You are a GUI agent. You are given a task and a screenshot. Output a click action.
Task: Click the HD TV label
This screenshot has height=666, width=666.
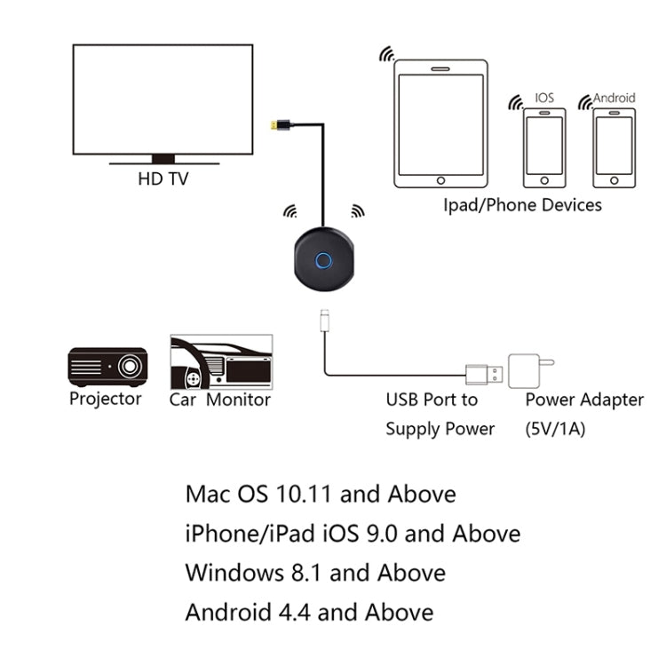(163, 178)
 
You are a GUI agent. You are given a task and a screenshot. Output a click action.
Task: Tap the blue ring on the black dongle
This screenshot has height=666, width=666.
(324, 262)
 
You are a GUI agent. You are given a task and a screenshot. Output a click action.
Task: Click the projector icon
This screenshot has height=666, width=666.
(107, 366)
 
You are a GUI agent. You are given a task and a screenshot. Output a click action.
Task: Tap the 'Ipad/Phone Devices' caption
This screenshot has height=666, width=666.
(522, 205)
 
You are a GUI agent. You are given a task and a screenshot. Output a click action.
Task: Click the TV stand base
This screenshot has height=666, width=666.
(163, 160)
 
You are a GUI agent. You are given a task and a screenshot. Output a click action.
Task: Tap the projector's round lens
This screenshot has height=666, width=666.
(131, 365)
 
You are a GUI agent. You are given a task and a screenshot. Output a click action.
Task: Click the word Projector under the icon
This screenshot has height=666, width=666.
(106, 399)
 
